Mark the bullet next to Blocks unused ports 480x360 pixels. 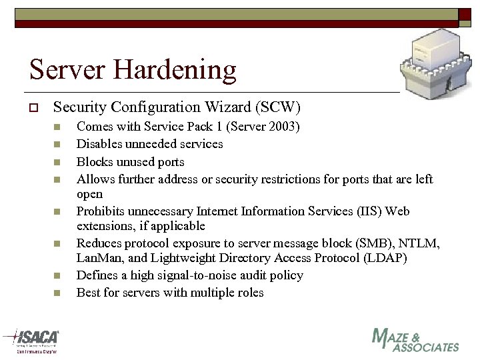[58, 162]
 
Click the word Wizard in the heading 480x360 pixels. [224, 107]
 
